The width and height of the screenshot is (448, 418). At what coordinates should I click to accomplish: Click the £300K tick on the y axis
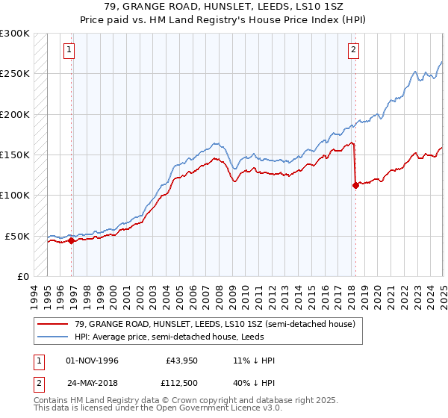point(15,34)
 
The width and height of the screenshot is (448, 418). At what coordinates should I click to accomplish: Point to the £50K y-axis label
point(17,236)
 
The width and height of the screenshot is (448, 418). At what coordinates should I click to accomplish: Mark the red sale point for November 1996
point(72,240)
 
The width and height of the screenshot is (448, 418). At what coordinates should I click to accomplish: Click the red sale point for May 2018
point(355,186)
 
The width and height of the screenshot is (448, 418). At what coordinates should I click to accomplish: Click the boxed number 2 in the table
point(39,382)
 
